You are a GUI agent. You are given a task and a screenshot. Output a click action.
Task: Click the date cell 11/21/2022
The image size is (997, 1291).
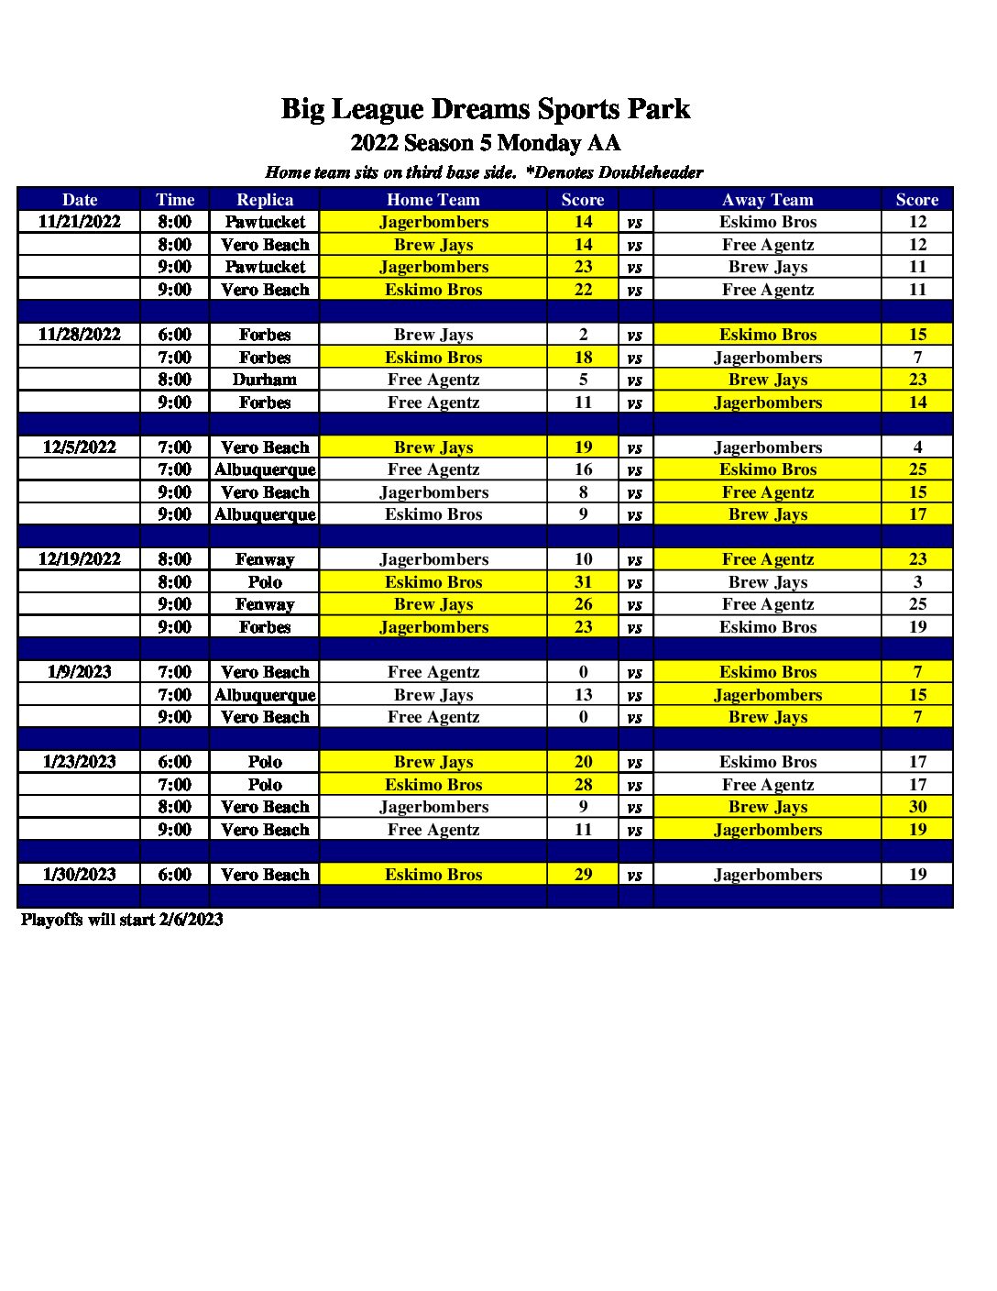click(79, 222)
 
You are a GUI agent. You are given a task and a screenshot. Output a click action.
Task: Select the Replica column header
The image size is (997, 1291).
click(265, 200)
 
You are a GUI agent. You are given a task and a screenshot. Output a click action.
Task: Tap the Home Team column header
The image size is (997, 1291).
click(433, 200)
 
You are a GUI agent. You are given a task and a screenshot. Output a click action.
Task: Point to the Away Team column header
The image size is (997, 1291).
click(767, 200)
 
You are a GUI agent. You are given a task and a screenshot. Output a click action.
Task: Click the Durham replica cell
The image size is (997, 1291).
click(265, 380)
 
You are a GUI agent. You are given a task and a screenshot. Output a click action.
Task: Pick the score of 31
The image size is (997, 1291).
click(583, 582)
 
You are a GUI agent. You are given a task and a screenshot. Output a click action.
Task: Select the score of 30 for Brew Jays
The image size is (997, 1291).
click(917, 807)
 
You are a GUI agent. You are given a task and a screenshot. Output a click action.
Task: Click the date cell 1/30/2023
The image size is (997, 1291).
click(79, 875)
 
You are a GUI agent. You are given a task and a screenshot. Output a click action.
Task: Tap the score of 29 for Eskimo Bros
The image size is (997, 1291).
click(583, 875)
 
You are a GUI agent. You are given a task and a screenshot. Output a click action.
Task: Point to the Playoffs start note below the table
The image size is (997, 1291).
click(122, 920)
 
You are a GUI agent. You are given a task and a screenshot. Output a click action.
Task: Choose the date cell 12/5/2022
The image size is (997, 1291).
click(79, 447)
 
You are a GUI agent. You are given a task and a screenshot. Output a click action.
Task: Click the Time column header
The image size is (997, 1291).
click(175, 200)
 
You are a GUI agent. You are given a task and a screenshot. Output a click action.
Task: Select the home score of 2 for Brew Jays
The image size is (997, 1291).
click(583, 335)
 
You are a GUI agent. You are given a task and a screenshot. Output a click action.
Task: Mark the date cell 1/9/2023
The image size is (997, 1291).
click(79, 672)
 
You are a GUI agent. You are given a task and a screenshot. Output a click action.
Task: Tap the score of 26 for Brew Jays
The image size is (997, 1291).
click(583, 604)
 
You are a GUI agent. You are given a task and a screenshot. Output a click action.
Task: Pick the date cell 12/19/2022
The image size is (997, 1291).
click(79, 559)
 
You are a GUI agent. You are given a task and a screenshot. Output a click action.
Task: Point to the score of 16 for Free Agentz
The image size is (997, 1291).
click(583, 469)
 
